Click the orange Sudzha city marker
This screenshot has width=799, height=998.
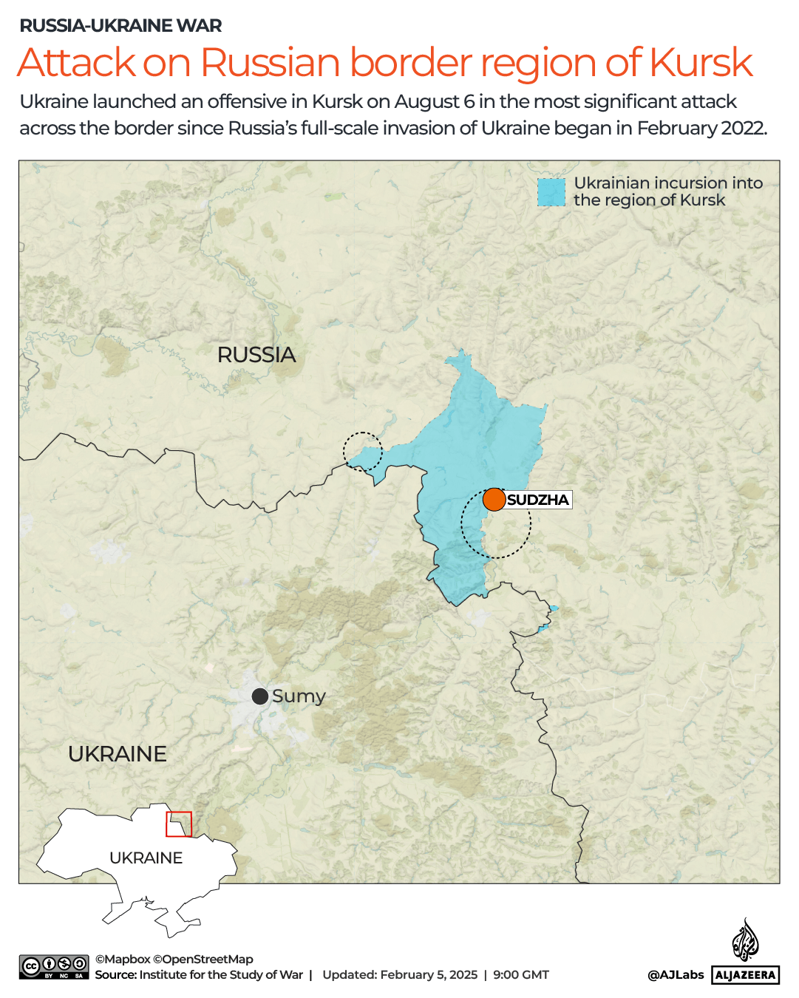494,499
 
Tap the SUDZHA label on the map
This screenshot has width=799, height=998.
538,500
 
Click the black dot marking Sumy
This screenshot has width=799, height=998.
260,696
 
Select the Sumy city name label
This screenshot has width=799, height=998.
299,696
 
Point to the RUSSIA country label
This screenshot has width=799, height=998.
256,355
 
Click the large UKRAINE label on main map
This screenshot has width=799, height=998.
118,754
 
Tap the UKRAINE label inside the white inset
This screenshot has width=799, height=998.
146,858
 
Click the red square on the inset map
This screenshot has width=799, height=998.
179,824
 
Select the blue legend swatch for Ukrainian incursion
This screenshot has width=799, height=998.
551,192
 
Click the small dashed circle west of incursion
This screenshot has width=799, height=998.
362,451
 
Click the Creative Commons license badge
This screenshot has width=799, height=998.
54,967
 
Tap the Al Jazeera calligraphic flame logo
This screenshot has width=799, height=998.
745,940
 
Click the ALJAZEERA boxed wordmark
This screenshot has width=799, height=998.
745,975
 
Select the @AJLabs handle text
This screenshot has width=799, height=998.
676,975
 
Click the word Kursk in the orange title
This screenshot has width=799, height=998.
701,63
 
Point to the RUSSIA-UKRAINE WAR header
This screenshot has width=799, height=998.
120,26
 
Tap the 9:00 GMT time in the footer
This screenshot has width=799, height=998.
521,975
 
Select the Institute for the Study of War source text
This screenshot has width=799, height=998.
221,975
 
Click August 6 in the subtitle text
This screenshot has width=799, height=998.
434,101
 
